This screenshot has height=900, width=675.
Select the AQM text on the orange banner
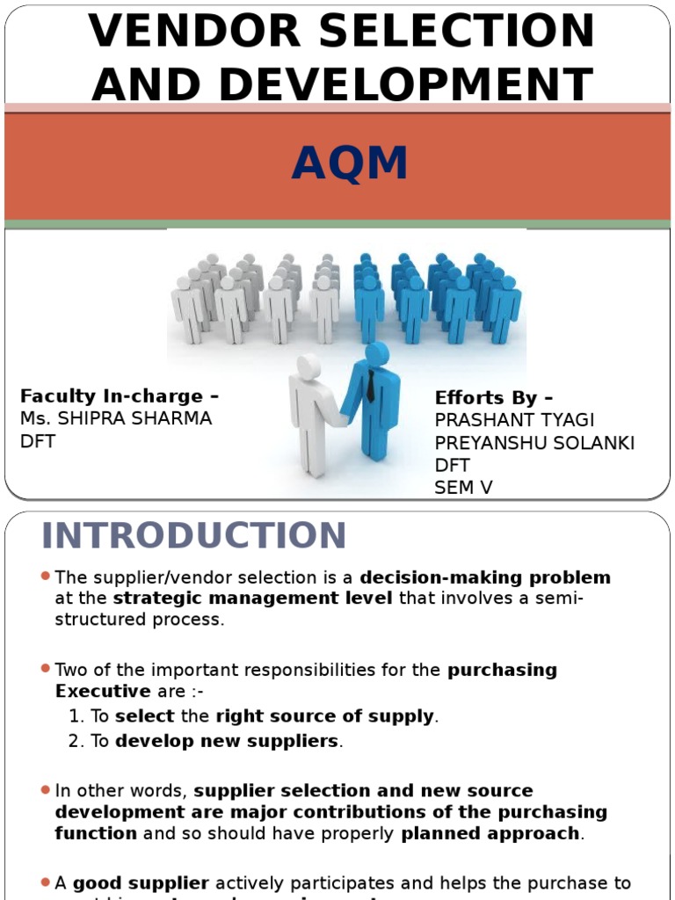[350, 164]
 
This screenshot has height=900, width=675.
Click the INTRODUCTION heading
[194, 536]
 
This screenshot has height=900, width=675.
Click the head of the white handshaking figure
[308, 367]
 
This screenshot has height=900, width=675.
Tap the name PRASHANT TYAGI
[514, 420]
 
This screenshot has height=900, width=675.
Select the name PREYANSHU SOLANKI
[534, 443]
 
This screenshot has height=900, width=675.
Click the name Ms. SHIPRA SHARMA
[116, 418]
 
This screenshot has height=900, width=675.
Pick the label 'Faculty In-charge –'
[120, 396]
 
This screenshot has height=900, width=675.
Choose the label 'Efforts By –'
[494, 397]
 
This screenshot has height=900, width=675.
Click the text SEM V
[463, 488]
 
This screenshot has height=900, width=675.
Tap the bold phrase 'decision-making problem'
[485, 577]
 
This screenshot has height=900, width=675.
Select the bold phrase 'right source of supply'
[325, 716]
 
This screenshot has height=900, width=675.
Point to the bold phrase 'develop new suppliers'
[227, 741]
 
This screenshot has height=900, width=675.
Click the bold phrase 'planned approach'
[490, 832]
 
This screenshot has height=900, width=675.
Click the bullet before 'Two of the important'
[45, 668]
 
